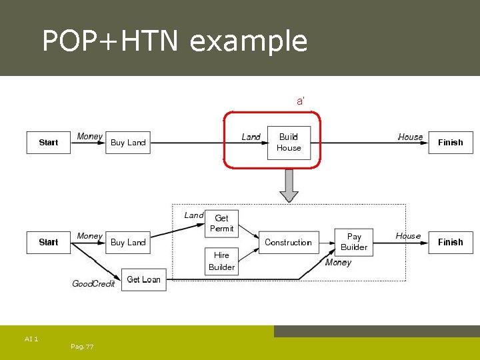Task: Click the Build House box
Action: click(x=289, y=142)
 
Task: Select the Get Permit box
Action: click(x=221, y=223)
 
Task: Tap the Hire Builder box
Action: click(x=221, y=261)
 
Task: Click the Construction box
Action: click(x=288, y=243)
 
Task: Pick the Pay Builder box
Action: click(x=354, y=241)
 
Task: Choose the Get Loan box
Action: click(x=143, y=279)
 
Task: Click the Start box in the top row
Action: click(x=48, y=143)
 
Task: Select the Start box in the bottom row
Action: click(x=48, y=242)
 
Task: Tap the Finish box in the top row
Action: click(x=450, y=143)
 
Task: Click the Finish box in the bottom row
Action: click(x=450, y=242)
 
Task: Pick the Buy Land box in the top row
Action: click(x=127, y=143)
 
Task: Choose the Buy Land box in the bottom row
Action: click(x=127, y=242)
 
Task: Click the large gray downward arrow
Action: click(x=289, y=185)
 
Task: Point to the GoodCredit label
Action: click(x=93, y=284)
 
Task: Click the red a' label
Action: click(x=301, y=101)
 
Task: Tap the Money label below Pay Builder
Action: click(x=338, y=263)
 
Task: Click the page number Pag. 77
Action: click(x=81, y=347)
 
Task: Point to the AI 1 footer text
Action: click(x=31, y=339)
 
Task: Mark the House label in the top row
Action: click(x=410, y=137)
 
